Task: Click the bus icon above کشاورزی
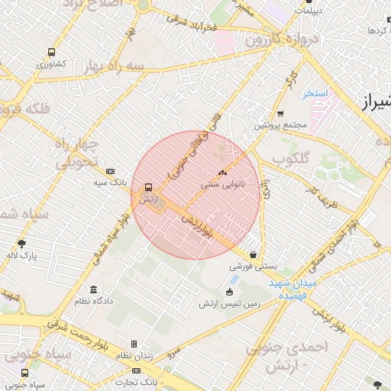tap(51, 53)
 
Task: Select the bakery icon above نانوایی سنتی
tap(223, 173)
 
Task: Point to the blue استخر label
tap(314, 93)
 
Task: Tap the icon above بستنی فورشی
tap(253, 255)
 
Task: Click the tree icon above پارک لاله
tap(22, 242)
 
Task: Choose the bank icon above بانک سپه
tap(111, 171)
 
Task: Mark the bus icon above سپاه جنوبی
tap(24, 373)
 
